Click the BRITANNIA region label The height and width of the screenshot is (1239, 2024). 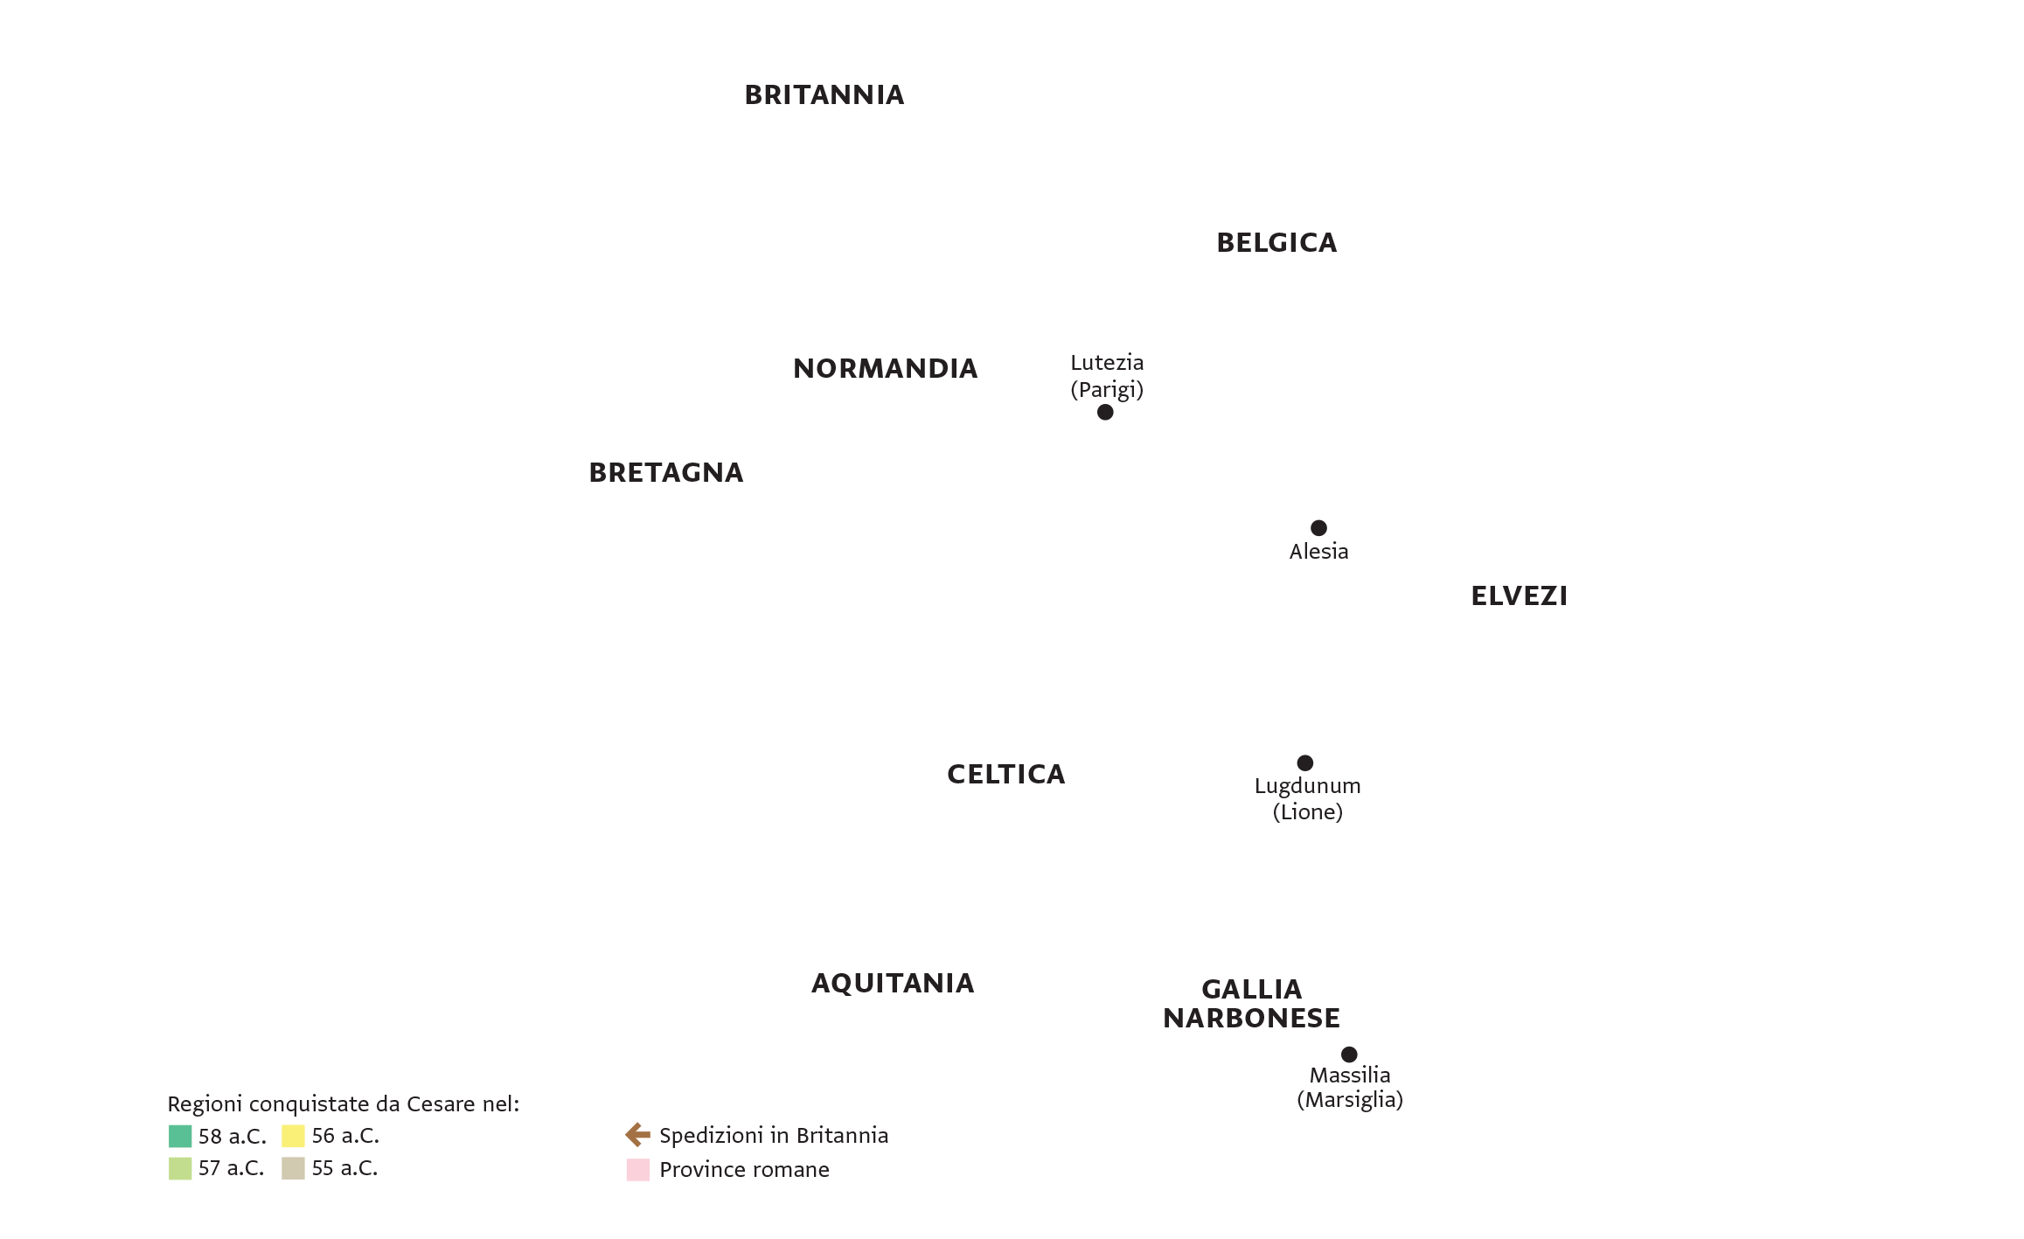coord(824,94)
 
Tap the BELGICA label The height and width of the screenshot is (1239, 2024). coord(1276,242)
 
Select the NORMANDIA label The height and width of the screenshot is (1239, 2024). coord(885,368)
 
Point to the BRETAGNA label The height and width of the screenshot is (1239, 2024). coord(666,472)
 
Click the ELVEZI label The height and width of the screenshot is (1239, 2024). coord(1520,595)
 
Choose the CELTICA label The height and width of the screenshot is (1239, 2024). coord(1006,774)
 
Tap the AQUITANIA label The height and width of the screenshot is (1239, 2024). coord(893,983)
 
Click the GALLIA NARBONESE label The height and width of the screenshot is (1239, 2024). coord(1251,1003)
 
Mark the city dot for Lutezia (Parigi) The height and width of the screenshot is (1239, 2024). coord(1105,412)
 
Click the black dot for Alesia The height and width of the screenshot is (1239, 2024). coord(1318,527)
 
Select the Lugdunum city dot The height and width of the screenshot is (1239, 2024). coord(1304,762)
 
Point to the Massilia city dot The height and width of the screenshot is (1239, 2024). coord(1349,1055)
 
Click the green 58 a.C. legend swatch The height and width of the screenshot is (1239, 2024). coord(180,1136)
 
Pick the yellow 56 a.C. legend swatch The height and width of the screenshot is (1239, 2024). coord(293,1136)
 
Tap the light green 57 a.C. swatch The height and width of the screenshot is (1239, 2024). coord(180,1168)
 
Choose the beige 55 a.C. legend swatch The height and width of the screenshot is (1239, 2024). coord(293,1168)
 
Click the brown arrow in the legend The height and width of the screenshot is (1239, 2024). coord(638,1135)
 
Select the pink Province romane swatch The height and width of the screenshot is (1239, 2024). coord(638,1170)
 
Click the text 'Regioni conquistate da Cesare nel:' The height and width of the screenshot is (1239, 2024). coord(344,1104)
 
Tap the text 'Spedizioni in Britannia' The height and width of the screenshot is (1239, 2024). coord(774,1135)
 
